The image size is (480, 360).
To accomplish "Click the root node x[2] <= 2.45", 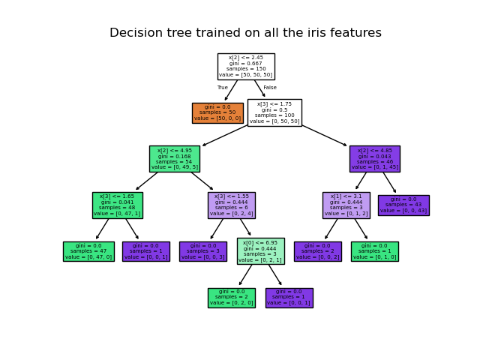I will (246, 66).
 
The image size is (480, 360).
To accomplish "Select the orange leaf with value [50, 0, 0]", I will (217, 112).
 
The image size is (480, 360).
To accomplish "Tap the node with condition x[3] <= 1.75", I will (274, 112).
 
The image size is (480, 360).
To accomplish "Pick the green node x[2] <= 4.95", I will (174, 159).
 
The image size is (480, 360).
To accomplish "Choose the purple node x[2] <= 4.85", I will (374, 159).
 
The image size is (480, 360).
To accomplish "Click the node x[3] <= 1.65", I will (117, 205).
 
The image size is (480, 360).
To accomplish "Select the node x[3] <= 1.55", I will (231, 205).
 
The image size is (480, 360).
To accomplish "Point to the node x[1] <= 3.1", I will (346, 205).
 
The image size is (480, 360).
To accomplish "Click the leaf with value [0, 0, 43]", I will (403, 205).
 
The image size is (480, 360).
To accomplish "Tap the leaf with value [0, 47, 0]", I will (88, 251).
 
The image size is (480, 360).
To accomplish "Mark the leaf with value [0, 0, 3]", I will (202, 251).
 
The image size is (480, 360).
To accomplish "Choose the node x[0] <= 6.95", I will (260, 251).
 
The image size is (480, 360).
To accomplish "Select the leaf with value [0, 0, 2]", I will (317, 251).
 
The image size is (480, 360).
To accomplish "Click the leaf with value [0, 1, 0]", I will (374, 251).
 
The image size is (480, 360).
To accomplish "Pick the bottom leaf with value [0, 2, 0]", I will (231, 298).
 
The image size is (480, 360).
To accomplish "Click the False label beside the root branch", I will (270, 88).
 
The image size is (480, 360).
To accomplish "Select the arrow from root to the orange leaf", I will (231, 90).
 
